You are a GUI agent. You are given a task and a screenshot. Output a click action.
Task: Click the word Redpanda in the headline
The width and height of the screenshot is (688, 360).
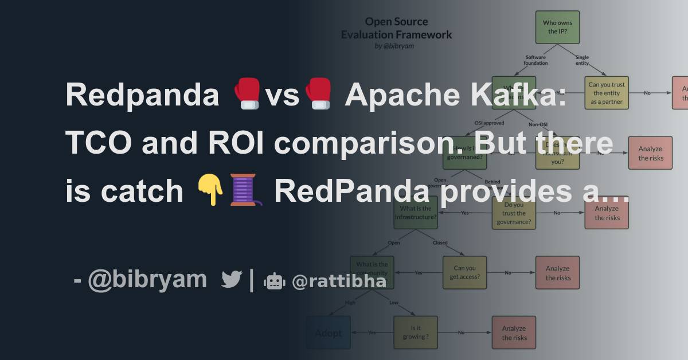click(142, 95)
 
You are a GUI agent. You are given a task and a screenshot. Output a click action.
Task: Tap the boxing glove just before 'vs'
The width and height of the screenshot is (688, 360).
click(247, 95)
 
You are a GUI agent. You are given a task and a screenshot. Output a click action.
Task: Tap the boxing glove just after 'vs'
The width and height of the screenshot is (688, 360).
click(317, 95)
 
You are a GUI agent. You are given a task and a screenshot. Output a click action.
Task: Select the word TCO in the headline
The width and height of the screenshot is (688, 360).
click(97, 143)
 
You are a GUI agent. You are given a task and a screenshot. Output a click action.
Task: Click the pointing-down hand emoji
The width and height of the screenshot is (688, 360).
click(210, 190)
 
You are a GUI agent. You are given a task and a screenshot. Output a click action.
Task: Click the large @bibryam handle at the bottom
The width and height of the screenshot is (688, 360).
click(147, 280)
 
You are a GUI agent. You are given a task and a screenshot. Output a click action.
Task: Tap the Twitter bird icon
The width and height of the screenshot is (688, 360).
click(232, 280)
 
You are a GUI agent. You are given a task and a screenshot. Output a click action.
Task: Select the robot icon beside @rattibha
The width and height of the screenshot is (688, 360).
click(274, 281)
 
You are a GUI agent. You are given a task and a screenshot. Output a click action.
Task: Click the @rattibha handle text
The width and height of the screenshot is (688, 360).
click(339, 281)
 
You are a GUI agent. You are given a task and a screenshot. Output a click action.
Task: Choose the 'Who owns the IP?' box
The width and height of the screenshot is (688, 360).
click(557, 27)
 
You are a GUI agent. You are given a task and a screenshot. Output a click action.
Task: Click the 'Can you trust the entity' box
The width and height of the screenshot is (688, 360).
click(607, 93)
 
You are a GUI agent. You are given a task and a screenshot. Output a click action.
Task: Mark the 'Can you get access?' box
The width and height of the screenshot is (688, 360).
click(464, 272)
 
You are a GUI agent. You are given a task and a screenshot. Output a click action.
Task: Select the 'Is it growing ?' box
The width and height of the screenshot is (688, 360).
click(415, 332)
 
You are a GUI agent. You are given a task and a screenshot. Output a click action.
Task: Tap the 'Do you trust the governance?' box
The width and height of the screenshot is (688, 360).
click(514, 213)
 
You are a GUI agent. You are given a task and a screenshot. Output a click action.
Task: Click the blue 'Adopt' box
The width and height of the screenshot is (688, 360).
click(328, 332)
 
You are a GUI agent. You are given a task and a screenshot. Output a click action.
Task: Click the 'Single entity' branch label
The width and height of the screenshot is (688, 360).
click(582, 60)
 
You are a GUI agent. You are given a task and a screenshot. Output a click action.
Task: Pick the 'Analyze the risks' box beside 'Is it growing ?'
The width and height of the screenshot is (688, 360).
click(514, 332)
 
